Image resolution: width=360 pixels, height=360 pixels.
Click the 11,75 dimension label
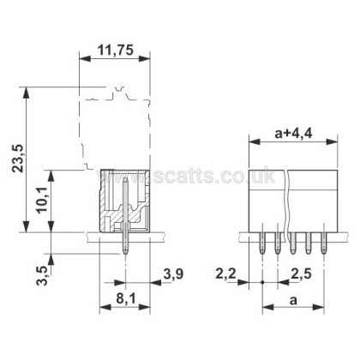pyautogui.click(x=116, y=51)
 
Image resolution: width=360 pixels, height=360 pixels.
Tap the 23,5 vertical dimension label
pyautogui.click(x=19, y=158)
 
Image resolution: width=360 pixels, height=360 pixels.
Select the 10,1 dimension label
pyautogui.click(x=43, y=201)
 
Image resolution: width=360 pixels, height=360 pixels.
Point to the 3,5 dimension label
pyautogui.click(x=42, y=275)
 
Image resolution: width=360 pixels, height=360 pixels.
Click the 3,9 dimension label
pyautogui.click(x=173, y=274)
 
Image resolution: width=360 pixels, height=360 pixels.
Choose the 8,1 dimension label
pyautogui.click(x=126, y=299)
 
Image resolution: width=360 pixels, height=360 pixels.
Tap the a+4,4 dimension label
pyautogui.click(x=293, y=133)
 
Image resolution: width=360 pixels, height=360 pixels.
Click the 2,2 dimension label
pyautogui.click(x=225, y=274)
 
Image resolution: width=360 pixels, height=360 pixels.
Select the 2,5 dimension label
pyautogui.click(x=301, y=274)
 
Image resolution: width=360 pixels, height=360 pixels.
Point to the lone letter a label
pyautogui.click(x=293, y=301)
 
